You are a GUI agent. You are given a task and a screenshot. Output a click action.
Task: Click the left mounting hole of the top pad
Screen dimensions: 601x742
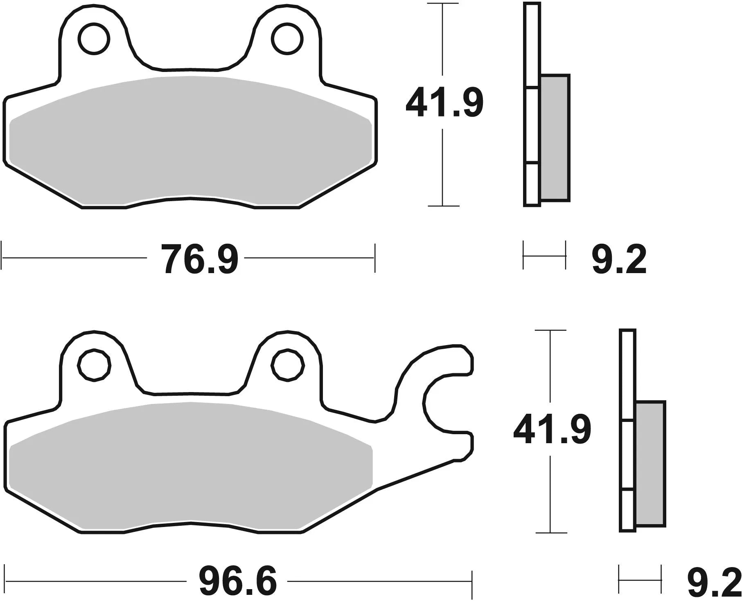tap(95, 39)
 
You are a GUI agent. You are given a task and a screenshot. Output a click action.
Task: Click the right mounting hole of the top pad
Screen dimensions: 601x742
tap(289, 39)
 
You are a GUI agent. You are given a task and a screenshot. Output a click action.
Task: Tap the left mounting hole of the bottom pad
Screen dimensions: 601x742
tap(95, 365)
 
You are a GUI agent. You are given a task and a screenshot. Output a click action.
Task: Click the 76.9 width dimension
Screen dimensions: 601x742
tap(199, 258)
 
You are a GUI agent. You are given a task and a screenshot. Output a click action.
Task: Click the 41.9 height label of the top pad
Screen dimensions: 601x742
tap(444, 102)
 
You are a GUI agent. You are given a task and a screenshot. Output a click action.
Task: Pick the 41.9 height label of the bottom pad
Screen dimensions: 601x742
tap(552, 430)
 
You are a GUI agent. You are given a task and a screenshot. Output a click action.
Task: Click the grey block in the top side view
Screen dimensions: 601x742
tap(555, 138)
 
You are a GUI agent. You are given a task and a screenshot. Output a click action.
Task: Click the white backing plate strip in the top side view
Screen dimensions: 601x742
tap(532, 123)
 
